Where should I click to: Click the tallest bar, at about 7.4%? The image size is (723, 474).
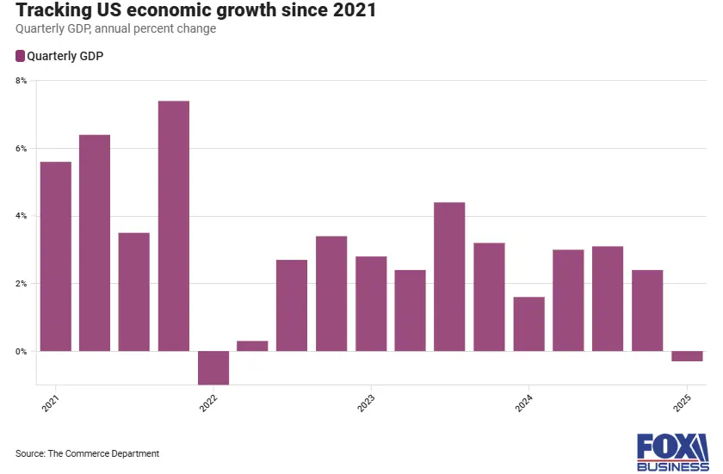click(174, 225)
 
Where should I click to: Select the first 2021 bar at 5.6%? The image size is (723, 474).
click(56, 256)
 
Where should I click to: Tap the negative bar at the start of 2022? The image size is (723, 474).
click(213, 367)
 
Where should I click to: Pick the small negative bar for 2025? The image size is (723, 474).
click(687, 356)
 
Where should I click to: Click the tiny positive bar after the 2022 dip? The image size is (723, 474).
click(252, 346)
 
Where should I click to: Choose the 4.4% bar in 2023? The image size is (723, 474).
click(449, 276)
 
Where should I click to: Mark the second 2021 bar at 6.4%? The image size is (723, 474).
click(95, 243)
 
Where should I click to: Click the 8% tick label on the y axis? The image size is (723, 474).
click(22, 81)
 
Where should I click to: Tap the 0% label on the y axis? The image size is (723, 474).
click(22, 352)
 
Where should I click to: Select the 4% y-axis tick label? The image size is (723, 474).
click(22, 216)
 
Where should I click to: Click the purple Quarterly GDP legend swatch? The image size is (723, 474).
click(20, 56)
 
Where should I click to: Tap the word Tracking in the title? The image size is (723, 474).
click(53, 12)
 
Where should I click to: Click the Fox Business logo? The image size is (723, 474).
click(672, 452)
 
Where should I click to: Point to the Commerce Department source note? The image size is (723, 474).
click(87, 453)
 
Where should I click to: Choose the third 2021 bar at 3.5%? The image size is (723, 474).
click(134, 292)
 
